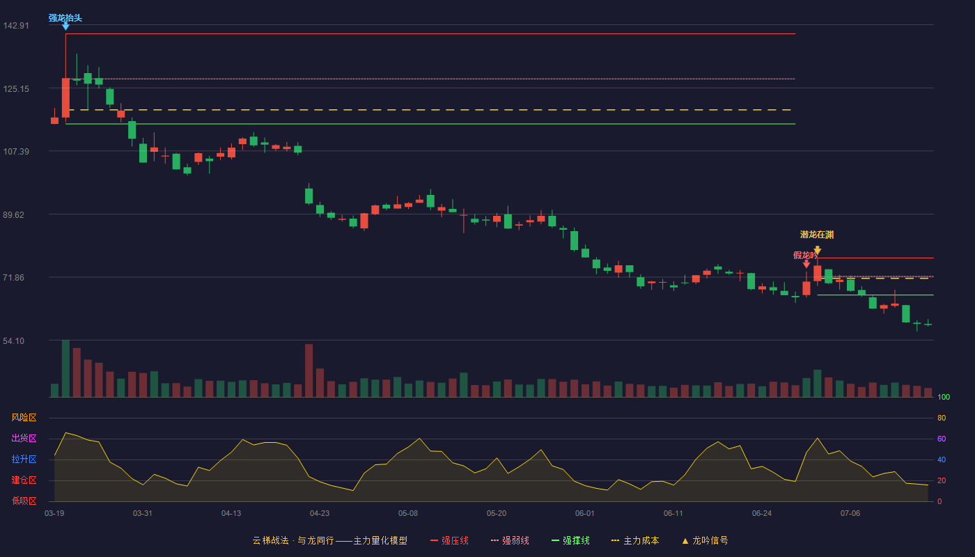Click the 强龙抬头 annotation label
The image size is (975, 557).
tap(65, 18)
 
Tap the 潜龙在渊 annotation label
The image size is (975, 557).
tap(817, 235)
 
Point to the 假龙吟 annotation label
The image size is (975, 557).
tap(805, 255)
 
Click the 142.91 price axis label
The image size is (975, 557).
tap(16, 26)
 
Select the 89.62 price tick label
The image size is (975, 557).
tap(13, 215)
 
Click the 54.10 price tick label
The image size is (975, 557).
tap(13, 340)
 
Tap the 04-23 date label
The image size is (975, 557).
tap(320, 514)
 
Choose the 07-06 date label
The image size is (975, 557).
tap(850, 514)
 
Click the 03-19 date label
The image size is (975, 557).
tap(54, 514)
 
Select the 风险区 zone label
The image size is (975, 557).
tap(24, 418)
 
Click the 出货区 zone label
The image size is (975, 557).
tap(24, 438)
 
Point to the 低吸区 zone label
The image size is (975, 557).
tap(24, 501)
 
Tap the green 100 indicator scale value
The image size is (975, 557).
tap(944, 397)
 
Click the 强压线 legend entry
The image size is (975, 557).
tap(449, 540)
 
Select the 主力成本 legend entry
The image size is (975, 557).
tap(635, 540)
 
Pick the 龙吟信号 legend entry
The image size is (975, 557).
tap(705, 540)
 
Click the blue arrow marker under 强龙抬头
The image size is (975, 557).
tap(65, 26)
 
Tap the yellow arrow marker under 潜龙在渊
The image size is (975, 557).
tap(818, 250)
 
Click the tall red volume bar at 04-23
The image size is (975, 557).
tap(309, 370)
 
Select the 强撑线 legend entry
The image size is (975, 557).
tap(570, 540)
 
